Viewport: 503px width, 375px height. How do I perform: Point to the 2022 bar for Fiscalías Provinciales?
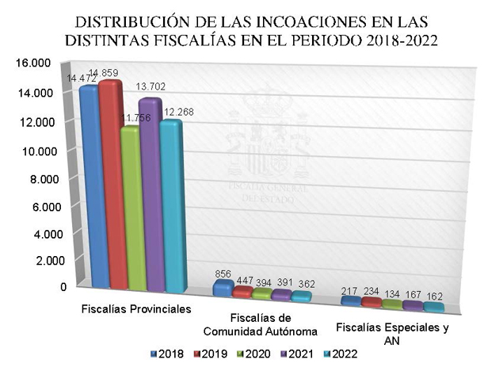pyautogui.click(x=171, y=206)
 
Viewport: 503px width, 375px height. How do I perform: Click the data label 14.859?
pyautogui.click(x=103, y=73)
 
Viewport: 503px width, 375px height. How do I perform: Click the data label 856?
pyautogui.click(x=223, y=274)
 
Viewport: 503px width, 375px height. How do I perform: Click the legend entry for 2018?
pyautogui.click(x=164, y=354)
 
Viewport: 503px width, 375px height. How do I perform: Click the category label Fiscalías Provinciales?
pyautogui.click(x=137, y=307)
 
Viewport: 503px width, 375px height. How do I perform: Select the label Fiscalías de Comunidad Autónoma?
pyautogui.click(x=261, y=324)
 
